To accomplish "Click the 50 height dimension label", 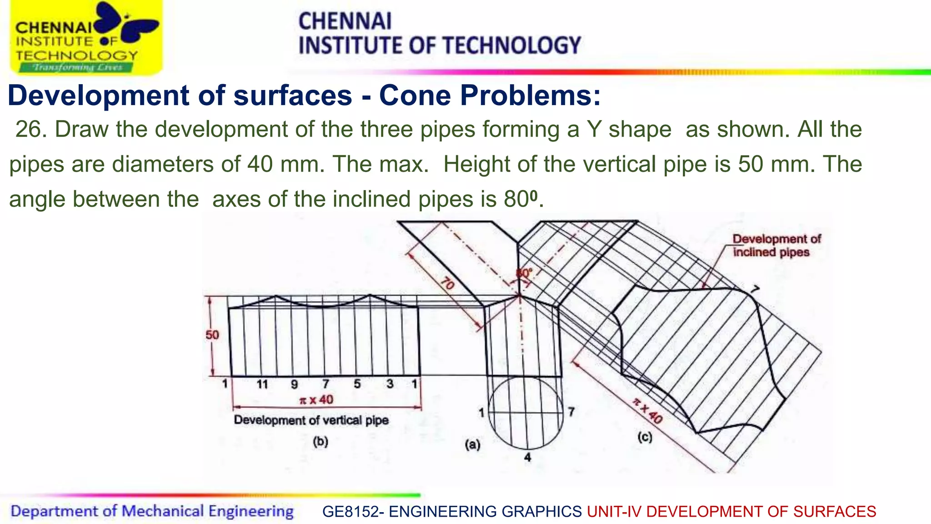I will click(x=212, y=335).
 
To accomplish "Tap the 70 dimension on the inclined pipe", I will click(x=447, y=283).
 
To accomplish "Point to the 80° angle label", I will click(x=524, y=273).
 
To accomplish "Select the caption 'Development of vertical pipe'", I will click(x=311, y=420).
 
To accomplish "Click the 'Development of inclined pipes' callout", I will click(x=776, y=246).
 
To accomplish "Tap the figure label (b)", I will click(x=320, y=442).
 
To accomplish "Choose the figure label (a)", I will click(x=473, y=444).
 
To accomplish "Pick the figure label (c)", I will click(x=645, y=438).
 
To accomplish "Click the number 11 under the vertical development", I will click(x=262, y=385).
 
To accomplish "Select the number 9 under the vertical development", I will click(x=295, y=385).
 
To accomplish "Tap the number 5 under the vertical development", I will click(x=357, y=384).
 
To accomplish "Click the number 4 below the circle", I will click(x=527, y=457).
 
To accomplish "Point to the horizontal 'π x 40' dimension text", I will click(x=316, y=400).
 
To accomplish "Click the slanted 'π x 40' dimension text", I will click(x=647, y=410).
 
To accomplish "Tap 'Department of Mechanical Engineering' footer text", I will click(x=152, y=511).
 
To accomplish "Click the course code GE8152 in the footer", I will click(x=350, y=512).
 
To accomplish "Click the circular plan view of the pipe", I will click(x=526, y=413).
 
